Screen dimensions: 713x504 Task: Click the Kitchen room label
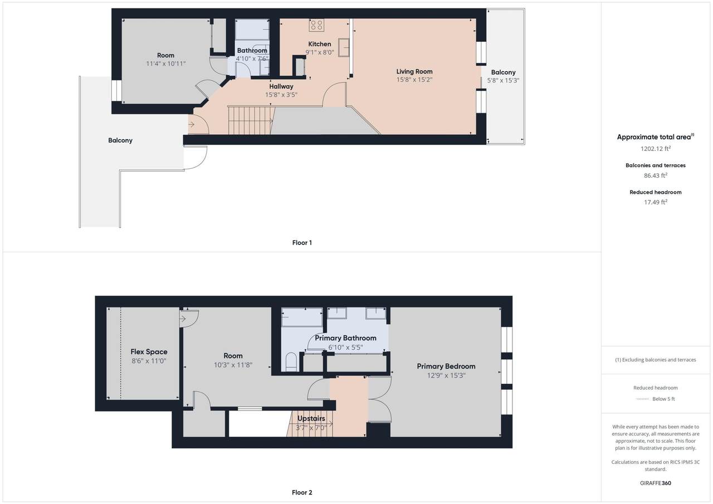tap(320, 44)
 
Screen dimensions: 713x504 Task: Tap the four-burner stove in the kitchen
tap(316, 25)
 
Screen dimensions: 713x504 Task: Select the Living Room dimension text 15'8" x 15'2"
tap(414, 80)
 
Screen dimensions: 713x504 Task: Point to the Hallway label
tap(281, 86)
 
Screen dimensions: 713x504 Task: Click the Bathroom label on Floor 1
tap(252, 50)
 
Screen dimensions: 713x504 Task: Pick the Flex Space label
tap(149, 351)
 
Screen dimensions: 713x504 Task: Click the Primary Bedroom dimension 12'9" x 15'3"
tap(446, 375)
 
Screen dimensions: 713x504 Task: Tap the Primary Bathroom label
tap(346, 338)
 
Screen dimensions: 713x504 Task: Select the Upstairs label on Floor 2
tap(311, 418)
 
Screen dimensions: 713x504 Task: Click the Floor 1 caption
tap(302, 243)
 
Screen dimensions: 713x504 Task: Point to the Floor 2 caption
tap(302, 492)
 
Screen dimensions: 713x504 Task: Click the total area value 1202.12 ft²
tap(656, 149)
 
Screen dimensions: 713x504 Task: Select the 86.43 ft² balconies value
tap(656, 175)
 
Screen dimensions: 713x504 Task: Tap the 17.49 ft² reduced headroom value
tap(656, 202)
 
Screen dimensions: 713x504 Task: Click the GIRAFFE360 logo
tap(656, 483)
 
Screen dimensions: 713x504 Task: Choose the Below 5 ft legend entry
tap(656, 399)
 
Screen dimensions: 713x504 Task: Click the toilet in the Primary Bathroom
tap(291, 362)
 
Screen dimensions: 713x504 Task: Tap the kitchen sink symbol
tap(344, 48)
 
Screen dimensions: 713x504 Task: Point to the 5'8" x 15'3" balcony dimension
tap(503, 81)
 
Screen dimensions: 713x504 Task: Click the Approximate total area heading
tap(656, 137)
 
